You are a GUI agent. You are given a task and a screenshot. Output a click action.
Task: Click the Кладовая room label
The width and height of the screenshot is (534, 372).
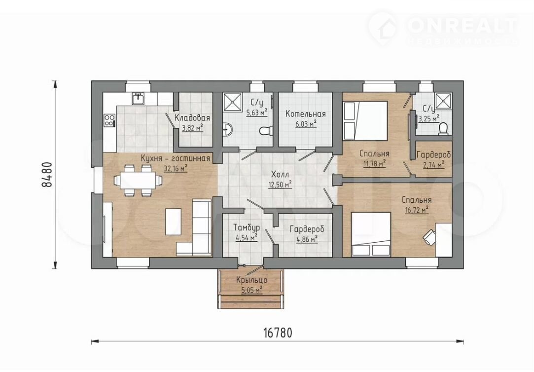point(192,118)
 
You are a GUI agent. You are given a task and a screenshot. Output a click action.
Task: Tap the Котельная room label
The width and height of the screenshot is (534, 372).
point(306,114)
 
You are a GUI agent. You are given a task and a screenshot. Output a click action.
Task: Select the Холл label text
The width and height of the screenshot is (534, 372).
point(280,175)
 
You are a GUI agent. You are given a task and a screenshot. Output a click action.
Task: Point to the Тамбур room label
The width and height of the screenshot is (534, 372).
point(247,227)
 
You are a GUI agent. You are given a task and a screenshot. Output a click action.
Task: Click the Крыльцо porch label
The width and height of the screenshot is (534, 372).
point(251,280)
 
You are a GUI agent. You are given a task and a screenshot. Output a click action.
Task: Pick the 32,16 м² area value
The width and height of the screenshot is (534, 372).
point(176,168)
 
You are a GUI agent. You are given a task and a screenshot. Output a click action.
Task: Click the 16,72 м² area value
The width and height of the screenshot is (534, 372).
point(417,210)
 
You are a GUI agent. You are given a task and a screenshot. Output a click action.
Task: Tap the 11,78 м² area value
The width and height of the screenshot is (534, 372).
point(374,163)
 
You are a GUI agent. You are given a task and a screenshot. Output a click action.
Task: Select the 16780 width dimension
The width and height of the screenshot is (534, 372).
point(278,333)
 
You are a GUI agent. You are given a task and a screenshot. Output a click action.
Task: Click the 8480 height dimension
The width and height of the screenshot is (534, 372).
point(47,174)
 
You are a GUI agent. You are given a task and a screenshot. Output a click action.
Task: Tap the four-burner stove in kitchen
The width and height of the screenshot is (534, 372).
point(109,120)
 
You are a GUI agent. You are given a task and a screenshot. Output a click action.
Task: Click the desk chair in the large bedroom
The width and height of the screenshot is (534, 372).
point(429,236)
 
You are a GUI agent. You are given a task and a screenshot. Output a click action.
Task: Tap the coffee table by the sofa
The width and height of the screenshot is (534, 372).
point(173,222)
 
